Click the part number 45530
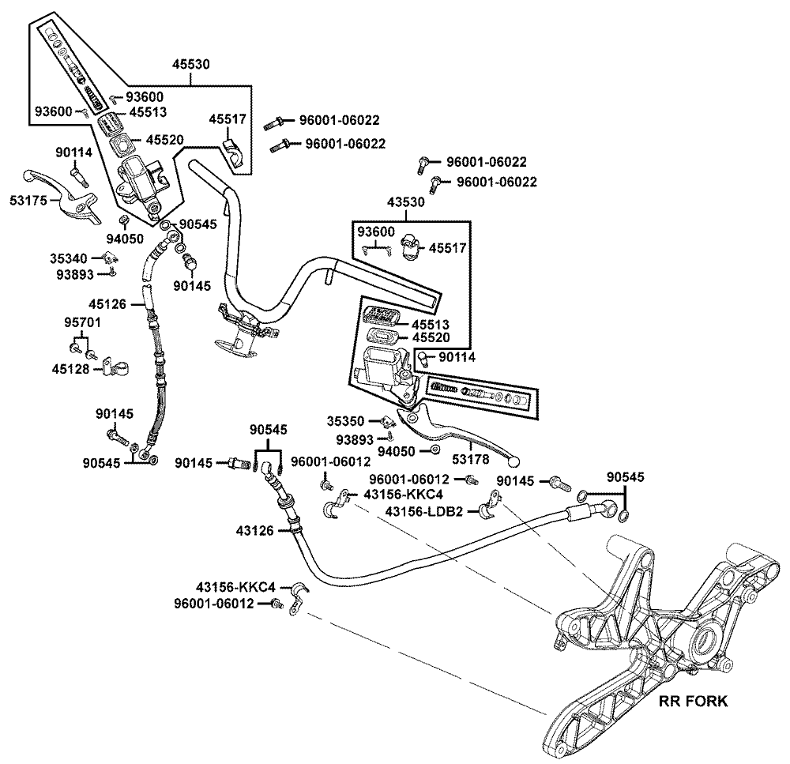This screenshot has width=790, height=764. click(x=190, y=65)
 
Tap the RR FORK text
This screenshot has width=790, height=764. click(x=693, y=701)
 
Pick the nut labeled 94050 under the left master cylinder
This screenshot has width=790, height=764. click(x=125, y=219)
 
